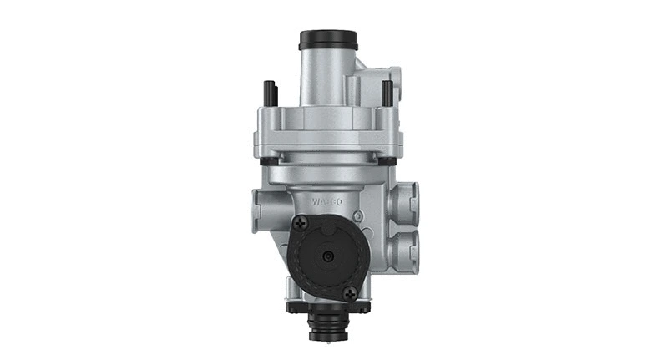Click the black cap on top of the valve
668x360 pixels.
(x=328, y=39)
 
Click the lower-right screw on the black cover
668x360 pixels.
(x=349, y=292)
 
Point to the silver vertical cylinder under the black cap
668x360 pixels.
(x=327, y=75)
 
